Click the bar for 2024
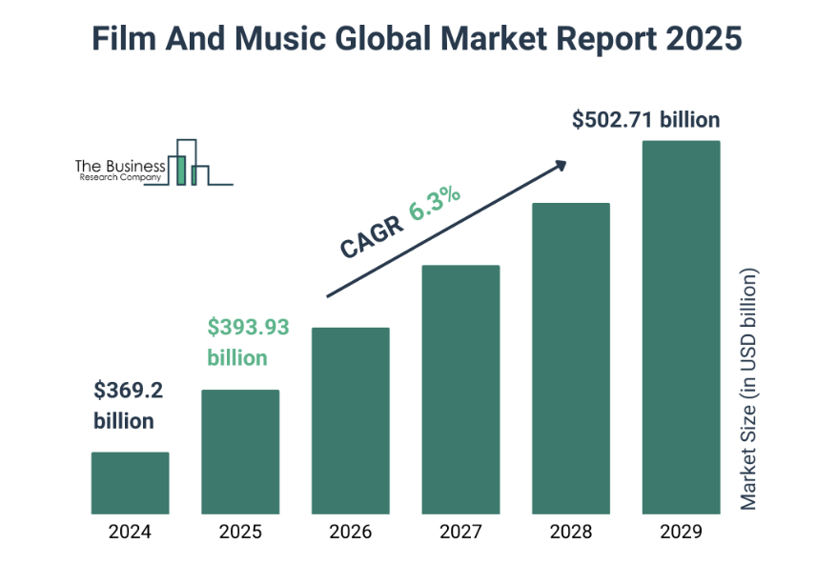tap(130, 483)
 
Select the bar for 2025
tap(240, 452)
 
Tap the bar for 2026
tap(350, 420)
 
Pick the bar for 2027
tap(460, 389)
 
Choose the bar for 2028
tap(570, 358)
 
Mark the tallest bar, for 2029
tap(681, 327)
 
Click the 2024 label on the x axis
tap(130, 532)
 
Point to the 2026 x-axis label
tap(350, 532)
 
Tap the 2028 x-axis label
tap(570, 532)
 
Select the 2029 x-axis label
tap(681, 532)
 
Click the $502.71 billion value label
tap(645, 120)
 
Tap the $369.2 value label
tap(130, 390)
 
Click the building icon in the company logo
tap(189, 163)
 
